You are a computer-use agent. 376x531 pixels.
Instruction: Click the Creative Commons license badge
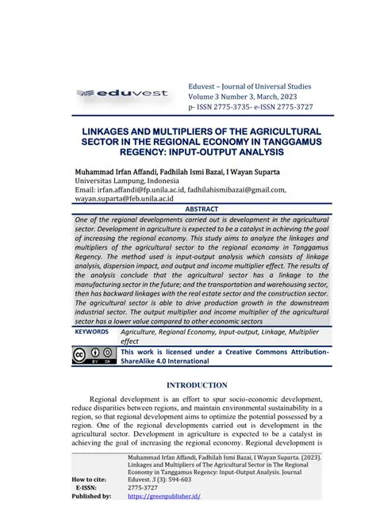tap(92, 356)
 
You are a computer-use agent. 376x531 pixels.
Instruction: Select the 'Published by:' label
tap(90, 497)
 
